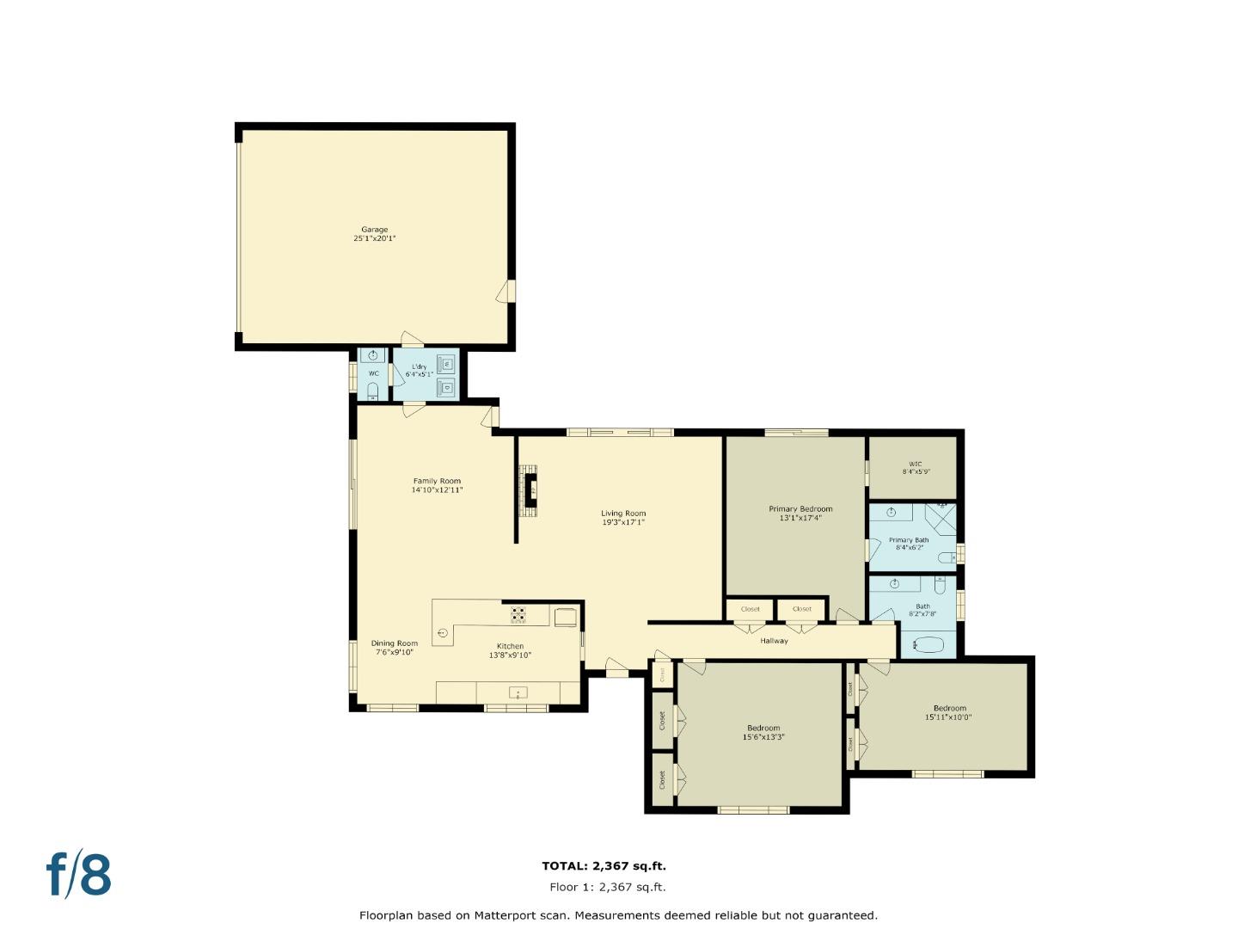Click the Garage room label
pos(374,230)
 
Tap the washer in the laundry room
pos(446,363)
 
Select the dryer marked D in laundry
pos(446,388)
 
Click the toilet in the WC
pos(372,392)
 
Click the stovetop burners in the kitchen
pos(518,614)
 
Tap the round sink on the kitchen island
pos(443,633)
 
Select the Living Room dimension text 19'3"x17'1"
pos(622,522)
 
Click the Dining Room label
pos(394,643)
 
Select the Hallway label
pos(774,641)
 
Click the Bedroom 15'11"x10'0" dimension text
pos(948,717)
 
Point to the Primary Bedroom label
pos(800,509)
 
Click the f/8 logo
pos(78,875)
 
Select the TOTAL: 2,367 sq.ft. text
pos(604,866)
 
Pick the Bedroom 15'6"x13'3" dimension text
pos(763,737)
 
